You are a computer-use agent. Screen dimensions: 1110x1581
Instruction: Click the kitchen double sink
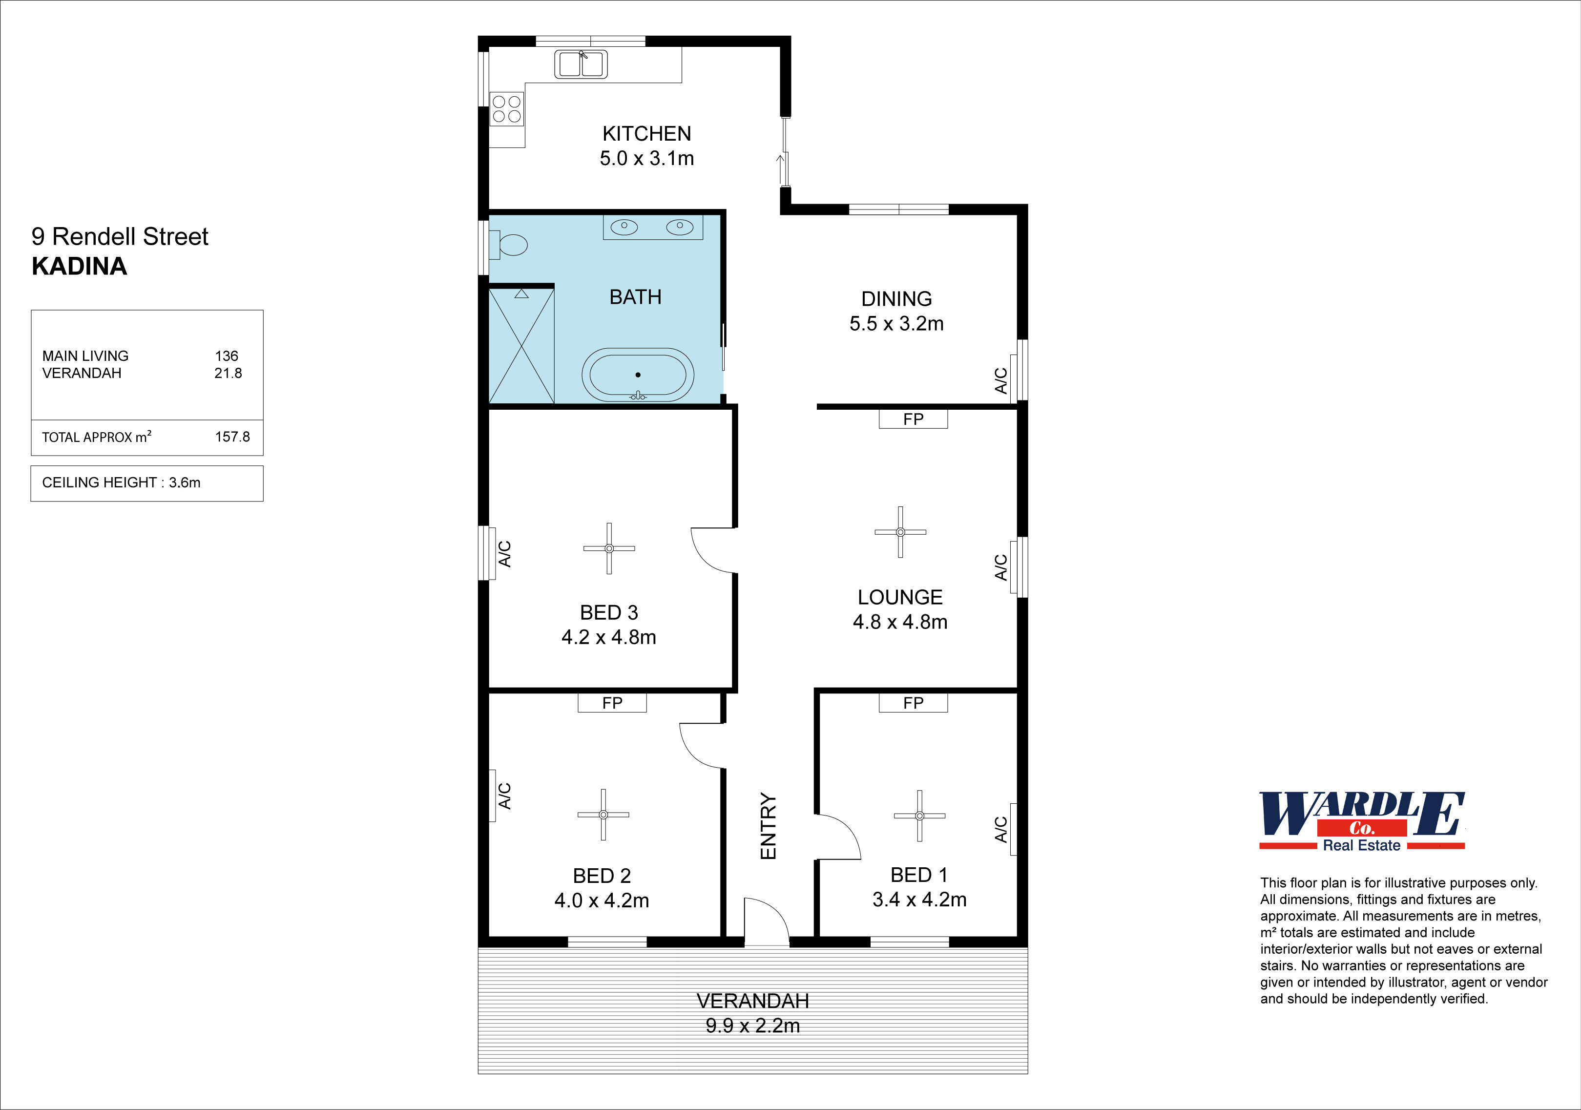point(581,64)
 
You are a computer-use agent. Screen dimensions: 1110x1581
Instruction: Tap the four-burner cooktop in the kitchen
point(507,109)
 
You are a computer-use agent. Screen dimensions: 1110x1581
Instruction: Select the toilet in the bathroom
point(510,245)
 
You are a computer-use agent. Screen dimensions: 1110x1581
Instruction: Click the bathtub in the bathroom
point(638,375)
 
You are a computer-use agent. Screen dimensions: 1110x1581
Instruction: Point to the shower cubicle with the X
point(521,346)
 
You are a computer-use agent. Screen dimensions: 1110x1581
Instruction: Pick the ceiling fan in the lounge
point(900,532)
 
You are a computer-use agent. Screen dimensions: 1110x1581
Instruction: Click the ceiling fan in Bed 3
point(609,548)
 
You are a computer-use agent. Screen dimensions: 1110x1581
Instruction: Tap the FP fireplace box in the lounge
point(913,419)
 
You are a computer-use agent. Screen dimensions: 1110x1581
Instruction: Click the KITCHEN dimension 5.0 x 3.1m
point(646,158)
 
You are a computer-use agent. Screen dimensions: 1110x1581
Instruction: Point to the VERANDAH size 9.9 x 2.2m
point(752,1026)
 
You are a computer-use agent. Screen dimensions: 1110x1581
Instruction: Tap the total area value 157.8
point(232,437)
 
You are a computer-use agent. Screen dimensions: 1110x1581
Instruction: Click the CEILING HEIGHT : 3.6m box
point(146,482)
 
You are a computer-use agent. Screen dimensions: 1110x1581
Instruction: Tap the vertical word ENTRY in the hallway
point(768,826)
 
